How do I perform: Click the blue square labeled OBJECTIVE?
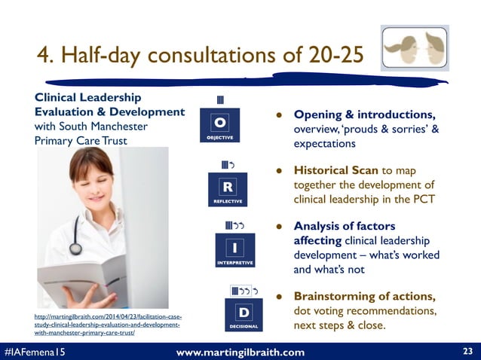[x=219, y=127]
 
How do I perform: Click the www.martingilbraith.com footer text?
[x=240, y=352]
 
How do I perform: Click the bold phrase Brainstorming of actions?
[x=363, y=296]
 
